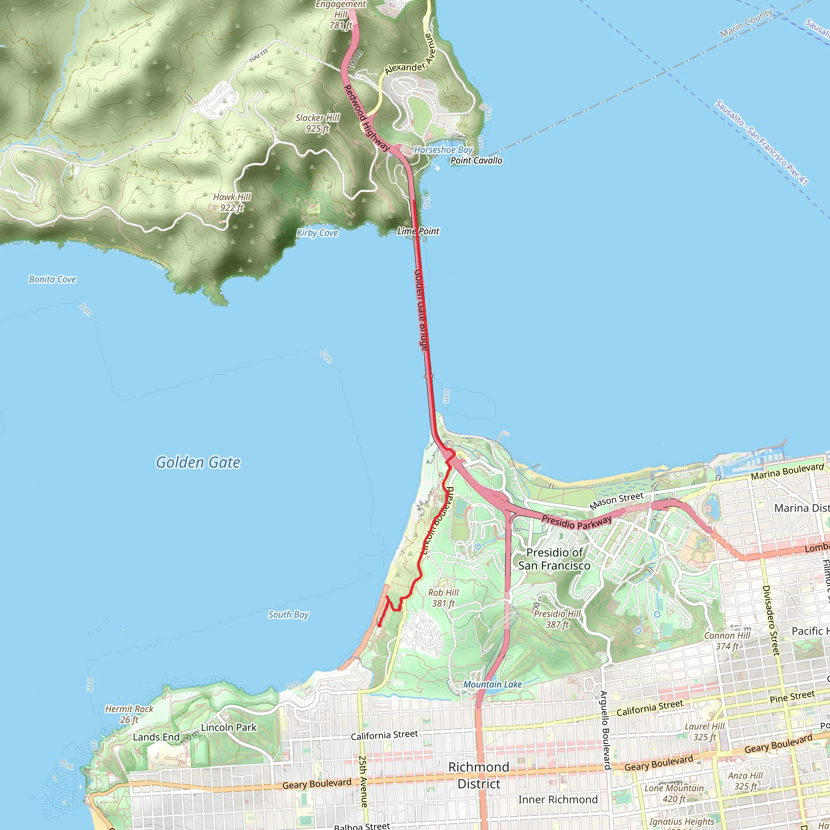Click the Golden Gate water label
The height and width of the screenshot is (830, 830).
[x=198, y=462]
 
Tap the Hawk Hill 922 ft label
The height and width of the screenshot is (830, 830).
[x=232, y=202]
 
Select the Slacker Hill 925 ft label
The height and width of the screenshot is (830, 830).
[x=317, y=123]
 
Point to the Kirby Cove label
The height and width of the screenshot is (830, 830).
[x=317, y=233]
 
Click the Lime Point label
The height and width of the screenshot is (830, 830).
[x=418, y=231]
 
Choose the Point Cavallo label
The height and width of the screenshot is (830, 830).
[x=476, y=160]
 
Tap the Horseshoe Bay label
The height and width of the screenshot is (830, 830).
[x=443, y=150]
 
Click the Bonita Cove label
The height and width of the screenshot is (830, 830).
[x=52, y=279]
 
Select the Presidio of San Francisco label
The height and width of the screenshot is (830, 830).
[x=554, y=559]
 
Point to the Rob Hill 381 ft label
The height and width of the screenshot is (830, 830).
[x=443, y=598]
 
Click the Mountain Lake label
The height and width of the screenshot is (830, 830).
[x=492, y=685]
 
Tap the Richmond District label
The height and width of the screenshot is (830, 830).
[x=479, y=775]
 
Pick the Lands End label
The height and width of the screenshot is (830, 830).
[x=156, y=737]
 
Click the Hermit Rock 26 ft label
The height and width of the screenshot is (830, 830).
[x=129, y=714]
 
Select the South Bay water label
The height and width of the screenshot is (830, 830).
[x=288, y=615]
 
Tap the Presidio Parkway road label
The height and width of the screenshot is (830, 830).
[x=576, y=522]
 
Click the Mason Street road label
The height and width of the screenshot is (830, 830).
[x=616, y=501]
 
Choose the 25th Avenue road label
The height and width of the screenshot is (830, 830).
[x=363, y=781]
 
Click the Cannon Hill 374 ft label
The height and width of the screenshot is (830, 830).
[x=727, y=641]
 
